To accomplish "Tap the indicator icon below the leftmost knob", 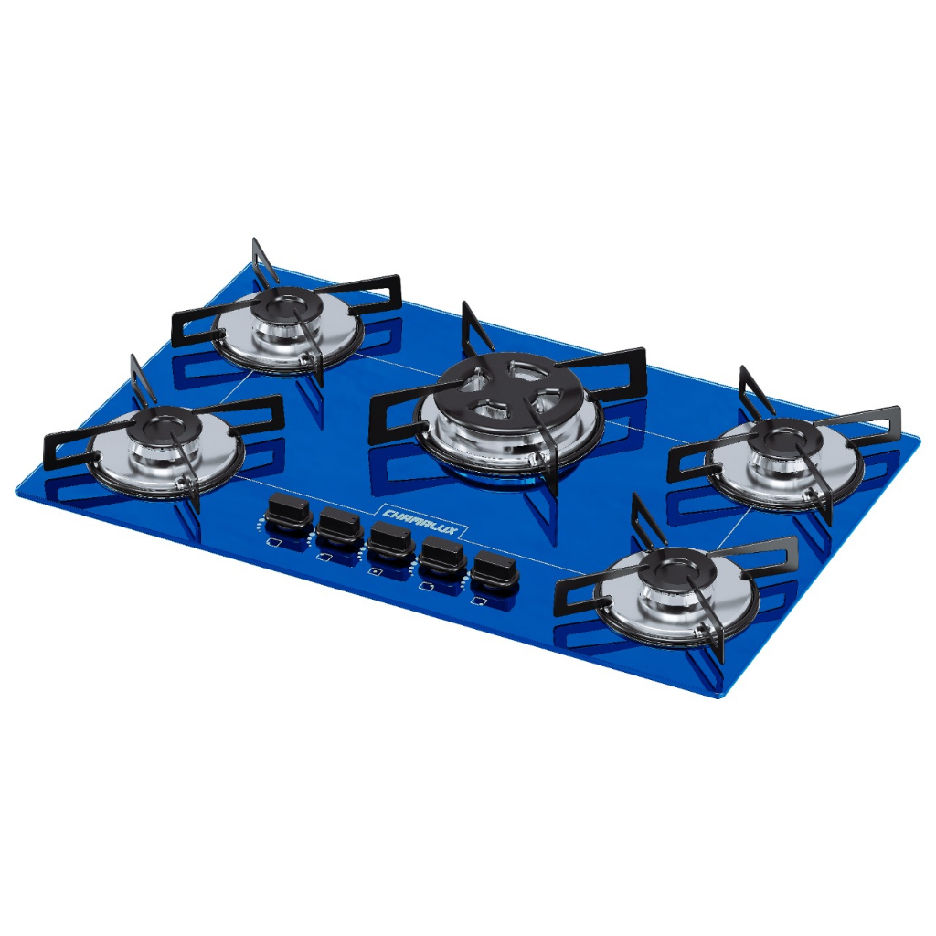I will tap(272, 543).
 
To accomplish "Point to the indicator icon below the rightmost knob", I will tap(478, 601).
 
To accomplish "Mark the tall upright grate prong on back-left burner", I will tap(264, 261).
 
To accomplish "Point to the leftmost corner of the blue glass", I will tap(18, 490).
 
